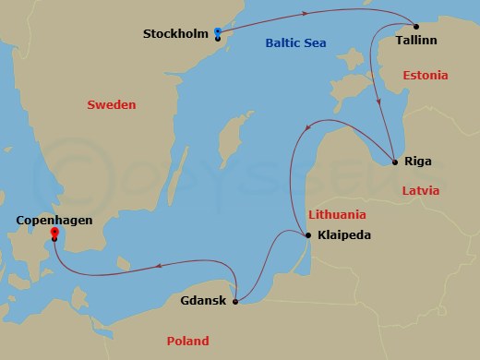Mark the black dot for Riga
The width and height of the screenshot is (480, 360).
(395, 162)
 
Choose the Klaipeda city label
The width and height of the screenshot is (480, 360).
(343, 235)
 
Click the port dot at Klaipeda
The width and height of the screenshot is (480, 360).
(307, 234)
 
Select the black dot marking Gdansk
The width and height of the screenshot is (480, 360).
(237, 301)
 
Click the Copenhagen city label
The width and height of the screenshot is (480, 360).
(54, 221)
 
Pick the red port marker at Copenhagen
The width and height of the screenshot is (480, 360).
(55, 232)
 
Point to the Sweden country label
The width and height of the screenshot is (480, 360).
(111, 105)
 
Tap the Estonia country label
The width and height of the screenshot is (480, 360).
(425, 74)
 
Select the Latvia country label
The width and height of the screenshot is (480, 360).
(424, 190)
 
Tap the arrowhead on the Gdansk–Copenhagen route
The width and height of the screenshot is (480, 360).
(158, 266)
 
